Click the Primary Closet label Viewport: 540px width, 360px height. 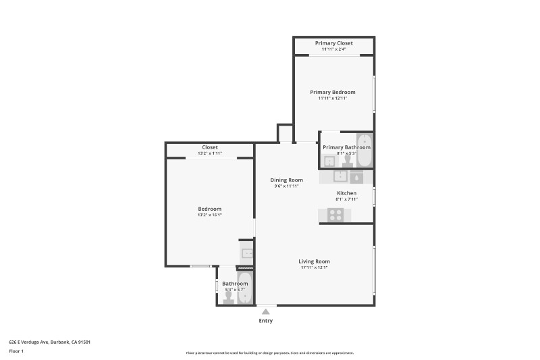pos(333,43)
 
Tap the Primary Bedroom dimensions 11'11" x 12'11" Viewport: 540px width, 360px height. pos(333,99)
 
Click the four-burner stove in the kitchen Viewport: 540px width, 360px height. pos(335,215)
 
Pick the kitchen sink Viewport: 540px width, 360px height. pos(340,177)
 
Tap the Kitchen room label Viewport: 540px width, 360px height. pos(346,193)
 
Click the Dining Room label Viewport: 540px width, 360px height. pos(286,180)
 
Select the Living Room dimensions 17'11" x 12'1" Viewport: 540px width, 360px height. pos(314,267)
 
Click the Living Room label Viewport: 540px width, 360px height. pos(314,261)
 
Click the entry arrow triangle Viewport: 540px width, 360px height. pos(266,311)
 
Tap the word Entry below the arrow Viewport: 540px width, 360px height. pos(266,321)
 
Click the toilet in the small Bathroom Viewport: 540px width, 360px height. pos(228,297)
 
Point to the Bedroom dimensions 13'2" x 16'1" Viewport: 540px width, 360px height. pos(209,215)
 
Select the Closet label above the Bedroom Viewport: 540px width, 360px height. pos(209,147)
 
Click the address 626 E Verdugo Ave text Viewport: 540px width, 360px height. pos(49,342)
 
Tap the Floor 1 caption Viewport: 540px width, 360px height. pos(16,351)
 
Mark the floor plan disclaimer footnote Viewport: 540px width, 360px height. pos(269,353)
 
